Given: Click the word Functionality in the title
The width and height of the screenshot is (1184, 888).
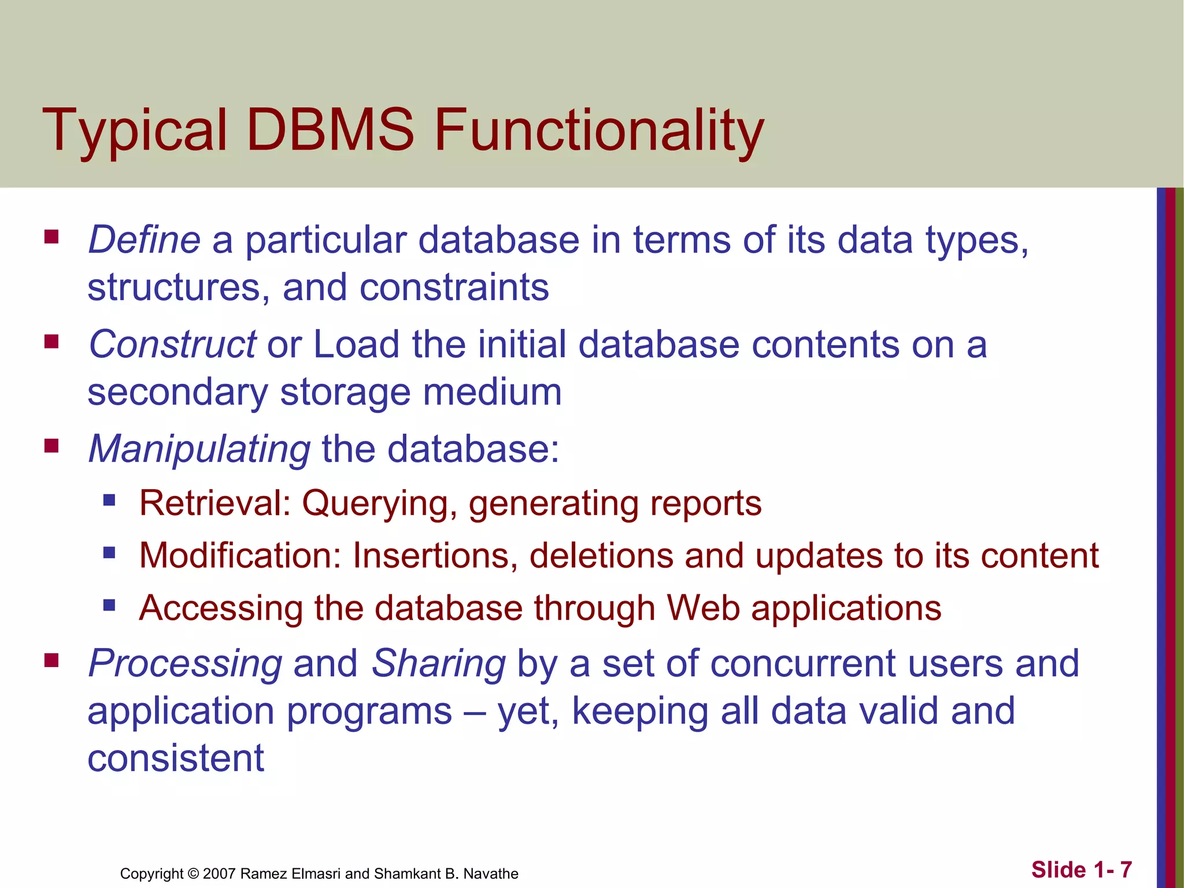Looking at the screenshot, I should coord(599,132).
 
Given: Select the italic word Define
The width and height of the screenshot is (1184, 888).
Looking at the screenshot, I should coord(144,239).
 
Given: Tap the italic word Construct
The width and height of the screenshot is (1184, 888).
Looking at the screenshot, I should coord(172,345).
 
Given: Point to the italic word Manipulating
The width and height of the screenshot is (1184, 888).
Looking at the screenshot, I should coord(199,449).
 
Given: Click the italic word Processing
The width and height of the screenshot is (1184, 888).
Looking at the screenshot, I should coord(185,664).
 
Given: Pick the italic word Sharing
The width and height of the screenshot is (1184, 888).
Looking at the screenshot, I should coord(438,664).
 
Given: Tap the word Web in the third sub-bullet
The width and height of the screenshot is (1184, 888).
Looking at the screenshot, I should coord(703,608).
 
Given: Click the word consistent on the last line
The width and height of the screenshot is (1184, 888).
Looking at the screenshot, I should coord(176,758).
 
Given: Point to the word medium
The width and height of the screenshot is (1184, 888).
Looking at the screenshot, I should coord(492,392).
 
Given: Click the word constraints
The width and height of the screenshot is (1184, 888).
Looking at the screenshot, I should coord(454,287).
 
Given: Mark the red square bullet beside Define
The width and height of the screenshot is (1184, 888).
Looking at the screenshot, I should coord(51,237).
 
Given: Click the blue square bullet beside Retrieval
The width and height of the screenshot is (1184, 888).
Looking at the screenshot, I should coord(109,500).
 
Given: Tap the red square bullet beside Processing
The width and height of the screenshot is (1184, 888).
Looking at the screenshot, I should coord(51,660).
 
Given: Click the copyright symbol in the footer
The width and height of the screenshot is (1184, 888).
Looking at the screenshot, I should coord(193,874).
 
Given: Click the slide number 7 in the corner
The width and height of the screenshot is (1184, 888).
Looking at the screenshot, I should coord(1125,869).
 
